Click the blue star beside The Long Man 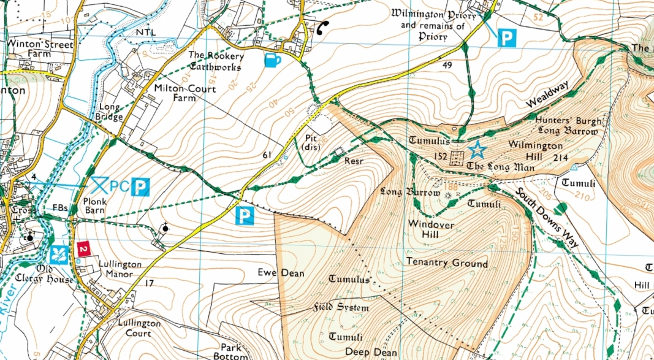point(476,149)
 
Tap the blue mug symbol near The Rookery point(273,59)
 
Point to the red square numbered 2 point(83,249)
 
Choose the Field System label point(341,307)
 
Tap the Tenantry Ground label point(447,263)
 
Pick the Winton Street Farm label point(40,50)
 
